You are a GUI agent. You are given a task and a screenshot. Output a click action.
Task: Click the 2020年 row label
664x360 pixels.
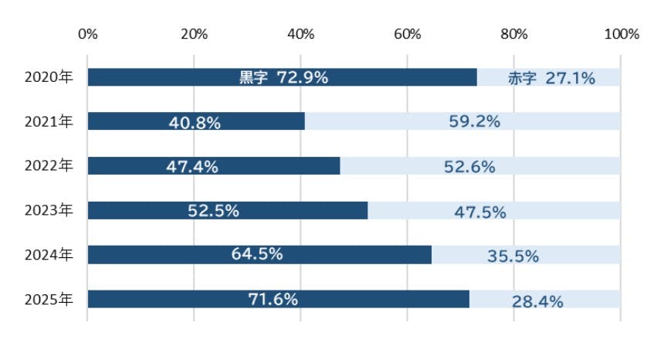[49, 77]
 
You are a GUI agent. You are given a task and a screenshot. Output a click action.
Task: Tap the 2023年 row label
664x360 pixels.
[49, 210]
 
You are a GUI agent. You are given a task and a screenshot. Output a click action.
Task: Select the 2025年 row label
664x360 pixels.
[49, 300]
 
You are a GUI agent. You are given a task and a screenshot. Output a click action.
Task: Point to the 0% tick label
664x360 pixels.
[88, 34]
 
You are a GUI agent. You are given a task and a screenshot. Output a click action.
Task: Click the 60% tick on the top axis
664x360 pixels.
[408, 34]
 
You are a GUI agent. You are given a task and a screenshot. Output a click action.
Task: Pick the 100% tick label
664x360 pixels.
[622, 34]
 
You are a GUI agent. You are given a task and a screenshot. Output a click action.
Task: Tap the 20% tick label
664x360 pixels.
[194, 34]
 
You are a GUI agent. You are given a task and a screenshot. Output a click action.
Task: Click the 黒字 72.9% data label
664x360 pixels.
[283, 77]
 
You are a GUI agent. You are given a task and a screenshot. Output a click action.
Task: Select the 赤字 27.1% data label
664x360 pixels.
[551, 78]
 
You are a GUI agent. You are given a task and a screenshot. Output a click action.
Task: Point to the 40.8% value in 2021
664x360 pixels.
[195, 123]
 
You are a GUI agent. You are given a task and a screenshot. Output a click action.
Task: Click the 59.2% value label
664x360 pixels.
[474, 121]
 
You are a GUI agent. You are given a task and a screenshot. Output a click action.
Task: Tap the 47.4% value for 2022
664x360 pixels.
[192, 167]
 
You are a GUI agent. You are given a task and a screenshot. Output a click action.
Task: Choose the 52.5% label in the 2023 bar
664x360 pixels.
[213, 210]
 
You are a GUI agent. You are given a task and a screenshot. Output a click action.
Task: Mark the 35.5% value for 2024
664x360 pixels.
[513, 256]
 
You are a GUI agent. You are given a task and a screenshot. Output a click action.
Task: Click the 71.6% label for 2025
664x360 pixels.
[273, 300]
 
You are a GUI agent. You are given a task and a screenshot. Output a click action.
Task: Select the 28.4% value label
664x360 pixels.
[537, 301]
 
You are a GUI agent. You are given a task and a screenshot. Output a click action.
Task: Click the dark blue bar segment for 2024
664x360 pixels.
[259, 254]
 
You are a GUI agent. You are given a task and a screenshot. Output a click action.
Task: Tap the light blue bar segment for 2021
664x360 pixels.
[462, 121]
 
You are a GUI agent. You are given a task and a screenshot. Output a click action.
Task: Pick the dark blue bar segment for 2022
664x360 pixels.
[214, 165]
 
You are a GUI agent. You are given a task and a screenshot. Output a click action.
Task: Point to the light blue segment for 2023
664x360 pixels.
[494, 210]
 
